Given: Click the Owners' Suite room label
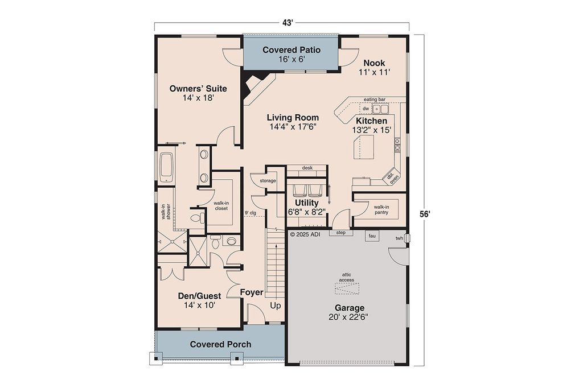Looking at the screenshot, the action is [198, 88].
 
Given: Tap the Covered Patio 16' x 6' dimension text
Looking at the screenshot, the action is [291, 59].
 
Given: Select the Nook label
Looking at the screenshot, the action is [375, 63].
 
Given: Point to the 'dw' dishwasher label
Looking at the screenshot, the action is [366, 109].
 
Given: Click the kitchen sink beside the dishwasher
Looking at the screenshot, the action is [380, 109].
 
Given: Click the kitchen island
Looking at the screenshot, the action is [364, 147].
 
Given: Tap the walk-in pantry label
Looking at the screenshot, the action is [381, 209].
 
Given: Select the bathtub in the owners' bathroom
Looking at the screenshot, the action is [166, 168].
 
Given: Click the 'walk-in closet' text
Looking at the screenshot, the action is [221, 205].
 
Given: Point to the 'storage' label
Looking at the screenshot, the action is [268, 180].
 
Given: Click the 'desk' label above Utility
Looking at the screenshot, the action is [307, 168].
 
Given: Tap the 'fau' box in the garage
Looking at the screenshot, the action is [372, 236].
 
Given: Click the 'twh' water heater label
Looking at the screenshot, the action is [399, 238].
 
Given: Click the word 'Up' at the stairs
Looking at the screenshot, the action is [275, 306].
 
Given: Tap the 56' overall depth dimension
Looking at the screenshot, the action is [425, 214].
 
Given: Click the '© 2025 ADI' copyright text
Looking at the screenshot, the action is [305, 234].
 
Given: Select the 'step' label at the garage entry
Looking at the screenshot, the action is [340, 233].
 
